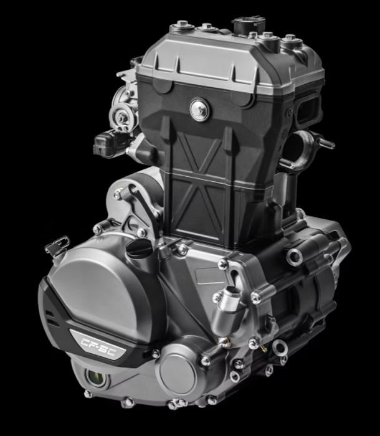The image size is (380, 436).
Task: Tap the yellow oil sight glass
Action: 95,377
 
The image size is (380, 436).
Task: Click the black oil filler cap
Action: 139,247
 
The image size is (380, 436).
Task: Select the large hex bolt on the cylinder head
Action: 199,110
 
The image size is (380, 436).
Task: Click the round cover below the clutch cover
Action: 178,372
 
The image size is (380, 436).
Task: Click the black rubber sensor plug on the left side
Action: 107,144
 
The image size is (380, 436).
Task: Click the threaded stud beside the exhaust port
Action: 325,143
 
